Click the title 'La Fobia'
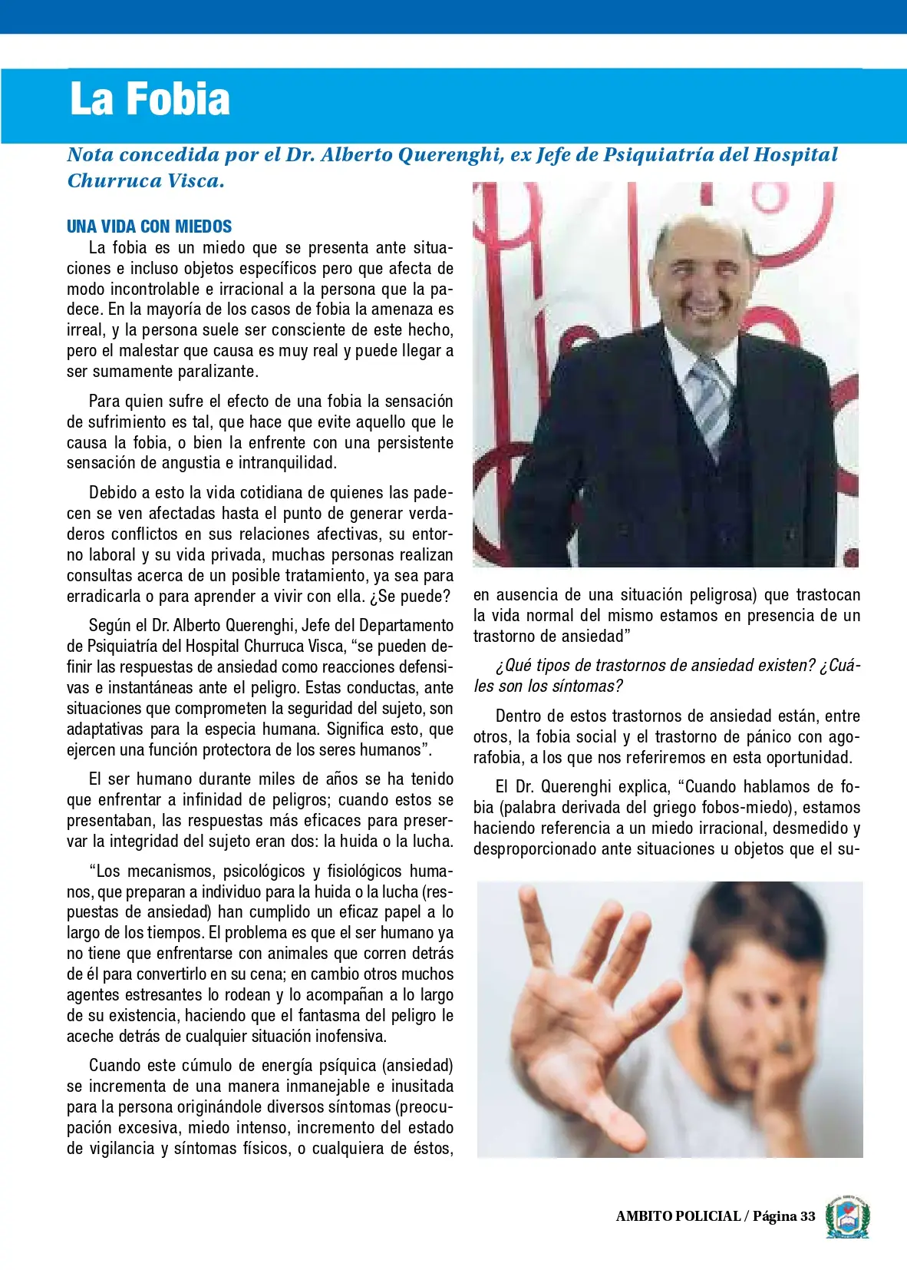150,99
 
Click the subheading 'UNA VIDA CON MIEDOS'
149,227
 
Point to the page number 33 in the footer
807,1216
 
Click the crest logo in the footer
847,1215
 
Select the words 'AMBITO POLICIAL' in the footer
678,1216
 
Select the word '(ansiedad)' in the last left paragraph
417,1066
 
